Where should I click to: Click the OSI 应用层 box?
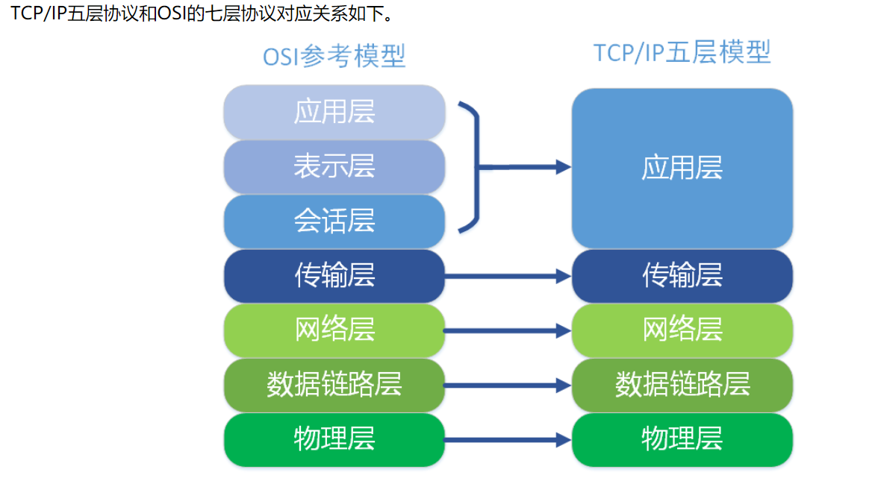[x=334, y=112]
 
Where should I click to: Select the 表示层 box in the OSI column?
[x=334, y=166]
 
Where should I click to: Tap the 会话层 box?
[x=334, y=221]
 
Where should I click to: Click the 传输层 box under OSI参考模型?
[x=334, y=276]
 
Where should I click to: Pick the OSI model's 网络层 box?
[x=334, y=330]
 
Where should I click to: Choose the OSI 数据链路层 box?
[x=334, y=385]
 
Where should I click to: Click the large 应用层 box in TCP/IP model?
[x=682, y=168]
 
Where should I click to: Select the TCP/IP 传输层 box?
[x=682, y=276]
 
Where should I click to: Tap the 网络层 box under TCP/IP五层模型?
[x=682, y=330]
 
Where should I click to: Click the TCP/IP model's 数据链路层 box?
[x=682, y=385]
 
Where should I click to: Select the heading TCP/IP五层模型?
[x=682, y=53]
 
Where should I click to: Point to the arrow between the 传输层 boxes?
[x=508, y=277]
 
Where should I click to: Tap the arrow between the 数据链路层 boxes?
[x=508, y=386]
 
